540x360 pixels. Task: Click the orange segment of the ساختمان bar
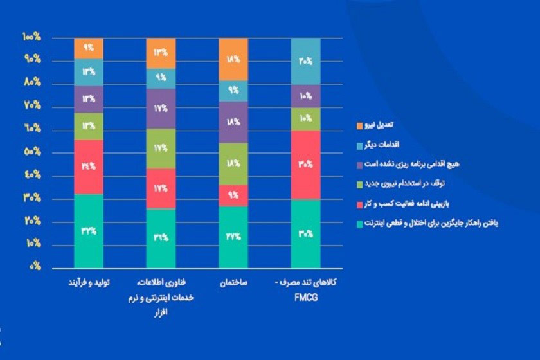[x=234, y=59]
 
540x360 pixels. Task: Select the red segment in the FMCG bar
[x=306, y=165]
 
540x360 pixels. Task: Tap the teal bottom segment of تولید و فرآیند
[x=89, y=230]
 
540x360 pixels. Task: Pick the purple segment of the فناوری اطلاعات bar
[x=161, y=109]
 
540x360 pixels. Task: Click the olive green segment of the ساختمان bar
[x=234, y=163]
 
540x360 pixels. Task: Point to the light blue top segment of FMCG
[x=306, y=61]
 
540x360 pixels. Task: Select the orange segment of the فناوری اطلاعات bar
[x=161, y=53]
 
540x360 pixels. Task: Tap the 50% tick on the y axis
[x=32, y=152]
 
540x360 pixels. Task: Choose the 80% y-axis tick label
[x=32, y=82]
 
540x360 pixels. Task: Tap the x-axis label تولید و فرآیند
[x=89, y=283]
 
